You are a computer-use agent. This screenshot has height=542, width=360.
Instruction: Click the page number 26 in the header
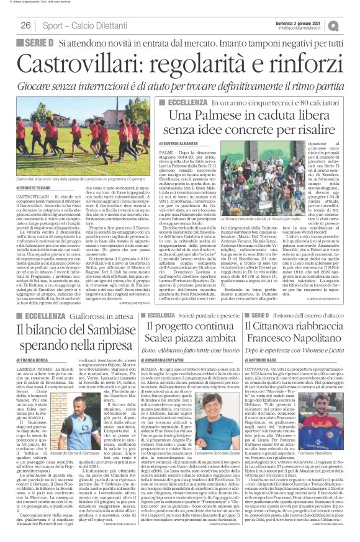coord(26,25)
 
